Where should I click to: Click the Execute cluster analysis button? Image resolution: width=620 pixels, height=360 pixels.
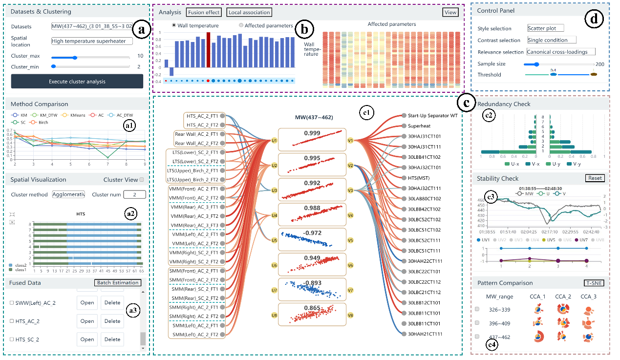pos(77,82)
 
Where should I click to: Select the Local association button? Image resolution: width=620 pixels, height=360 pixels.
pos(249,12)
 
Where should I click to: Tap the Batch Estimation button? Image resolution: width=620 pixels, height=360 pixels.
pos(117,283)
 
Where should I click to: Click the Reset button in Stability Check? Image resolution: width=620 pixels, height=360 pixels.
pos(595,178)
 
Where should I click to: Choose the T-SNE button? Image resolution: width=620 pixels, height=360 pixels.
pos(594,283)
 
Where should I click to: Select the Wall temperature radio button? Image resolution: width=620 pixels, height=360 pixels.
pos(174,25)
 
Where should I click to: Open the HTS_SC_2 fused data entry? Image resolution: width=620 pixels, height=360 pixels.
pos(87,339)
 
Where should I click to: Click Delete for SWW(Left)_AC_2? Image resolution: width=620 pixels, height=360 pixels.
pos(112,303)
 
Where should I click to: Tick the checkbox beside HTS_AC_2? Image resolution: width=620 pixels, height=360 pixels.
pos(12,321)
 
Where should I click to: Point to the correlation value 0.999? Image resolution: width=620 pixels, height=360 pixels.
pos(312,133)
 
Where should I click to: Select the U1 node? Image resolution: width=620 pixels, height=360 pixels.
pos(274,141)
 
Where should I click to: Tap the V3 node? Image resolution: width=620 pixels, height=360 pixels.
pos(350,191)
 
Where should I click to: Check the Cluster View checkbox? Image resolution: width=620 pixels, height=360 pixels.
pos(142,180)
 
